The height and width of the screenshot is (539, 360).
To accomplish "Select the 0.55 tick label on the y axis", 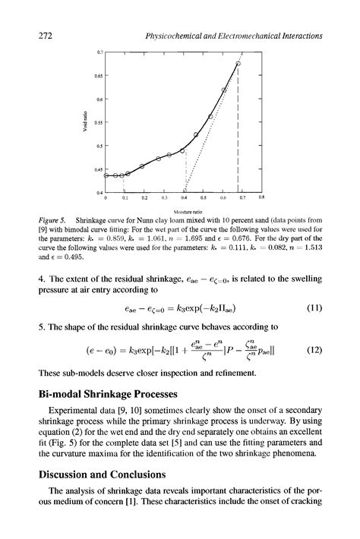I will coord(97,122).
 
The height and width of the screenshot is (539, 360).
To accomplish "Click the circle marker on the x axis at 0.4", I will coord(185,191).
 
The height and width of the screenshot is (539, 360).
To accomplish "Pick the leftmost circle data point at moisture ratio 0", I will coord(106,175).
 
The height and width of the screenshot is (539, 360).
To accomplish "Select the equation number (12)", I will coord(314,351).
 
